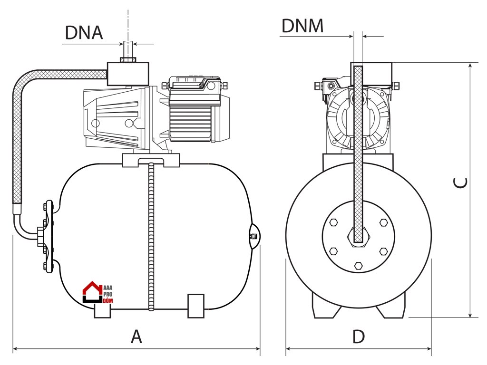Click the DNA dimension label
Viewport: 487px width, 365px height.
[x=84, y=32]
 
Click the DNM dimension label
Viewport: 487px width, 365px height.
[x=302, y=26]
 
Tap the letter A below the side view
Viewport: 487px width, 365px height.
[x=136, y=336]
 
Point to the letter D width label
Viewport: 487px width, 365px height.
[x=359, y=336]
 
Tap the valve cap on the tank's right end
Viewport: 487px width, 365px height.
[x=254, y=236]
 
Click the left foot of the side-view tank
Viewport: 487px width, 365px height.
[x=102, y=311]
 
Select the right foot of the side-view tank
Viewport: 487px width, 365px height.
[x=196, y=306]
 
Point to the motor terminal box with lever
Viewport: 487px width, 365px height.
[x=195, y=84]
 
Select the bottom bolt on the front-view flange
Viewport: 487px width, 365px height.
[x=359, y=265]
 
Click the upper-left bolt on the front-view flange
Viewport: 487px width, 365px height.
[x=333, y=222]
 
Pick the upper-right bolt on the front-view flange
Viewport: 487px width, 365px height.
[x=384, y=222]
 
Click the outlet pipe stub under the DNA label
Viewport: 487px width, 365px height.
[x=128, y=50]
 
